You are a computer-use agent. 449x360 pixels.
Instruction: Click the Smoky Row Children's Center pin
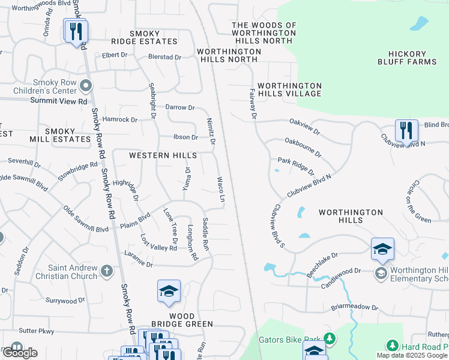86,86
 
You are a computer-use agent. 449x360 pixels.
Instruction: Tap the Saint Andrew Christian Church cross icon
107,271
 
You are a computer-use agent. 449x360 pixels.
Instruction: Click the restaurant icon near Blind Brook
406,131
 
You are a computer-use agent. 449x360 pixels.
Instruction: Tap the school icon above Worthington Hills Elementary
382,249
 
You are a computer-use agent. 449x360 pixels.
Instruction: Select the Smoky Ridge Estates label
144,37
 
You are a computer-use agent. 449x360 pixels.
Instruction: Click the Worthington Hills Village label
289,89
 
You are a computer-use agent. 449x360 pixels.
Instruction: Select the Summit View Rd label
59,101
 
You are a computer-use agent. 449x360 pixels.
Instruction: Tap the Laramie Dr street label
139,263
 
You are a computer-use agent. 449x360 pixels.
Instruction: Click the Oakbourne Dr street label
303,148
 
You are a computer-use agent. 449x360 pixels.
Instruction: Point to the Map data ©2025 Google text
411,355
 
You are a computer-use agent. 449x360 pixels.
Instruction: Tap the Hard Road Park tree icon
392,346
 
